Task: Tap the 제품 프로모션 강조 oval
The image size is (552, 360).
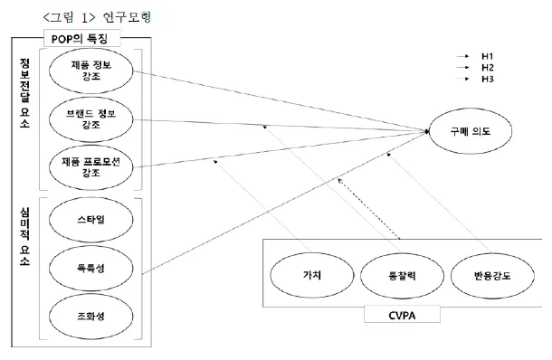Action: pos(93,166)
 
